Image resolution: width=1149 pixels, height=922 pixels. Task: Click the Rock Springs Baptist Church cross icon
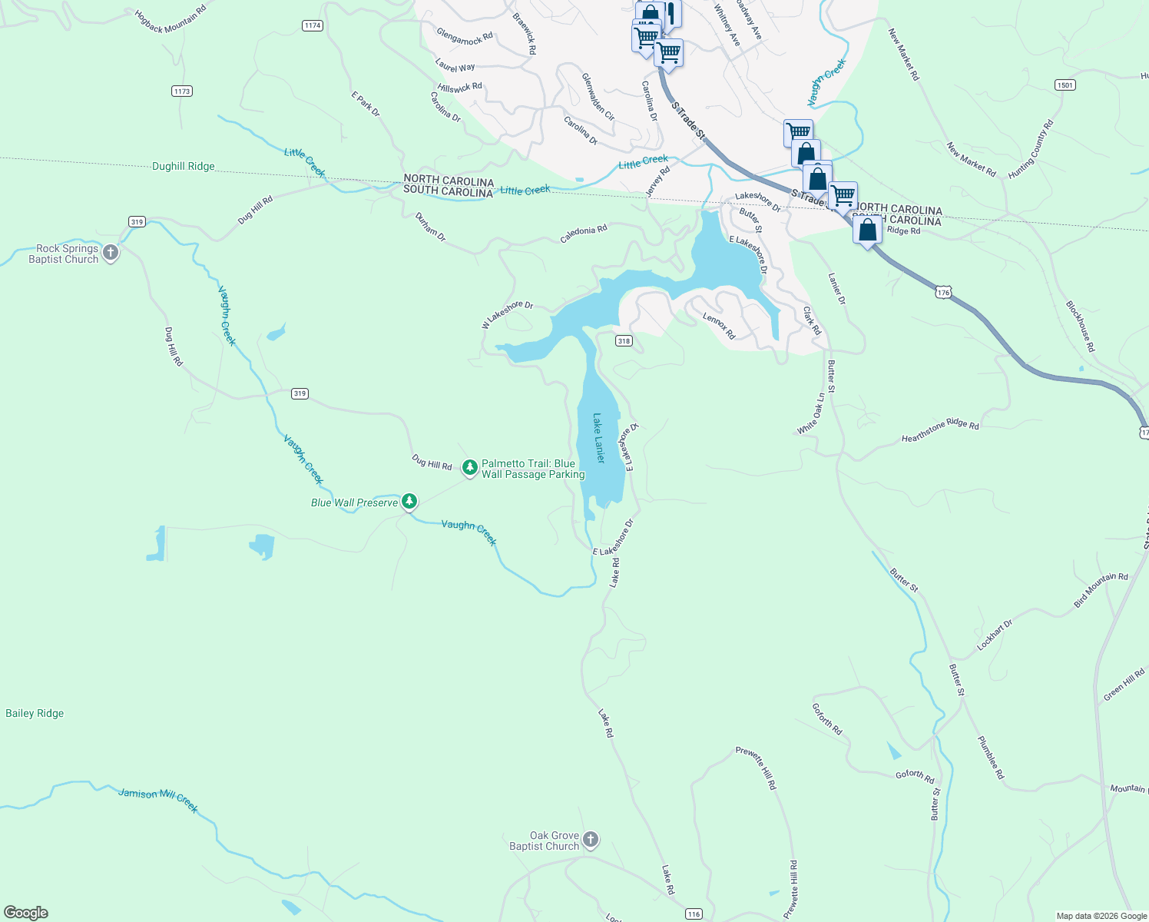coord(111,253)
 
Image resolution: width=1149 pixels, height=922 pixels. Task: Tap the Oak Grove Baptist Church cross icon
coord(591,840)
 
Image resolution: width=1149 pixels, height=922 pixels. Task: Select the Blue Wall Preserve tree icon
coord(409,502)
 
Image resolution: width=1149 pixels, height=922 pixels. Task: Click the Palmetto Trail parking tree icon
coord(470,467)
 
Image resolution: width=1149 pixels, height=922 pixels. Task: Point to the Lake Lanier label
coord(599,438)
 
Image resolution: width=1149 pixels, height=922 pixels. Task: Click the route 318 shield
coord(624,341)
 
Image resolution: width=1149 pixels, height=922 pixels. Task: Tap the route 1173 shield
coord(181,91)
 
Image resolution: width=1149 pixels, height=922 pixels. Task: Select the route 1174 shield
coord(312,25)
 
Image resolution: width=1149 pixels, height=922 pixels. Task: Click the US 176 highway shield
coord(943,292)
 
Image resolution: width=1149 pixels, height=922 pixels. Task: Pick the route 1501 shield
coord(1065,85)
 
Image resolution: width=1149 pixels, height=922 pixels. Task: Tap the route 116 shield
coord(694,914)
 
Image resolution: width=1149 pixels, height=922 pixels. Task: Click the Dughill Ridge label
coord(184,166)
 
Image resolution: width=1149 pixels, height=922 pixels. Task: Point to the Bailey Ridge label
coord(35,713)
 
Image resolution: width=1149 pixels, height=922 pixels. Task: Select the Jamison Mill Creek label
coord(158,799)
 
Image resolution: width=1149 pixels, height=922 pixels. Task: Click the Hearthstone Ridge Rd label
coord(940,432)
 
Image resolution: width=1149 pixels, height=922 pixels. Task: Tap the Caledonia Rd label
coord(584,234)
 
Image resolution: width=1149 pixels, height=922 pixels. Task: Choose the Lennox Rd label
coord(719,326)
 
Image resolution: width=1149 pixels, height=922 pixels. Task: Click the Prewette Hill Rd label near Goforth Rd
coord(757,768)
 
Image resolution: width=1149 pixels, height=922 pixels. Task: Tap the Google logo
coord(25,913)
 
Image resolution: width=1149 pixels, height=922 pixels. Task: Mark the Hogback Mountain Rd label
coord(171,21)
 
